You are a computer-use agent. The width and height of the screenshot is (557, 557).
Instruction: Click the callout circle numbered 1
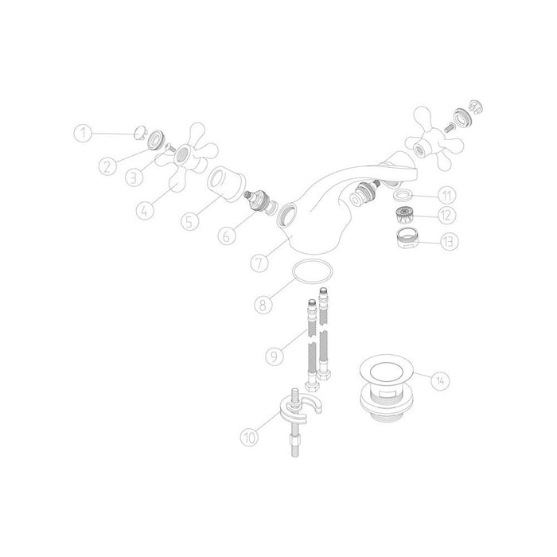(x=86, y=133)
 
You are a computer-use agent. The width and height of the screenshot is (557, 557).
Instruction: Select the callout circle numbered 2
(x=110, y=166)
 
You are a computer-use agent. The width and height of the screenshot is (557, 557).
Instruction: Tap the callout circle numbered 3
(x=137, y=175)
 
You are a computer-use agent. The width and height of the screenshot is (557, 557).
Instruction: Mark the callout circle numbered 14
(x=439, y=380)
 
